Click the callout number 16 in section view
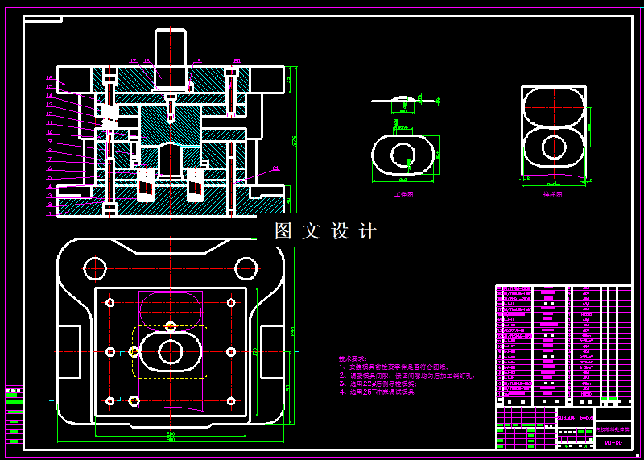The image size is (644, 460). (49, 78)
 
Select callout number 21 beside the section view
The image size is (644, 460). (275, 168)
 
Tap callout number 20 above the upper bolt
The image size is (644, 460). (237, 60)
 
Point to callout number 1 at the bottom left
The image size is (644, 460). (49, 214)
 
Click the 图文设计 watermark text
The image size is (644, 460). (325, 231)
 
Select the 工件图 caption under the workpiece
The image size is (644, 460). (403, 194)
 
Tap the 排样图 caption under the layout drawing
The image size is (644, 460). (553, 194)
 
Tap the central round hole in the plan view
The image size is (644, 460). (171, 352)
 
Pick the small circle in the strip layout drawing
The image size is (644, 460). (553, 147)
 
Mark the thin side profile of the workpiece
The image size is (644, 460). (403, 99)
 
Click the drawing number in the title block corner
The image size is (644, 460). (613, 443)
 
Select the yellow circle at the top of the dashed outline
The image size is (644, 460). (171, 326)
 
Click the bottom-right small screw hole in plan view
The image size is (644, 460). (231, 401)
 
